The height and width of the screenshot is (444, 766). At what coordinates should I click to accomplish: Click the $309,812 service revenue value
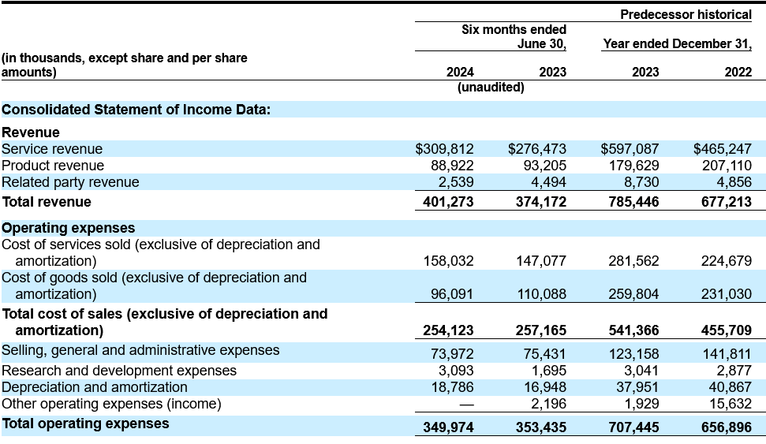click(x=445, y=148)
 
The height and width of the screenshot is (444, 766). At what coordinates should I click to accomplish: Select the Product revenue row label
click(x=53, y=166)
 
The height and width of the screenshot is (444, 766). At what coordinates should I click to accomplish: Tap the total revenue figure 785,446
click(x=633, y=202)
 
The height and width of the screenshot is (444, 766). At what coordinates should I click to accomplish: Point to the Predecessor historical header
click(x=686, y=15)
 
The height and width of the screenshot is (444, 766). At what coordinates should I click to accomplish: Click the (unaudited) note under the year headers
click(x=491, y=87)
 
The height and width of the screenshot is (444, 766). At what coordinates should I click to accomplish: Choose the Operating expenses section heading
click(x=69, y=228)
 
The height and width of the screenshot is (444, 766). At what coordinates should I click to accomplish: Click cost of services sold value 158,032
click(x=448, y=261)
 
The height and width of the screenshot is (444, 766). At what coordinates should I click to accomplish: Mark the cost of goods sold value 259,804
click(x=633, y=294)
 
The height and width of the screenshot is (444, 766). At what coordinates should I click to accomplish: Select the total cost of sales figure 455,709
click(x=727, y=330)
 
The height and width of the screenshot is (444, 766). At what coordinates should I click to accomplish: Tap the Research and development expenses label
click(x=119, y=371)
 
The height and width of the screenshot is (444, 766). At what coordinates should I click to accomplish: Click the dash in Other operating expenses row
click(x=466, y=405)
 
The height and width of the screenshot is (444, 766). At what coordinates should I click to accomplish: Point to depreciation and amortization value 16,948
click(x=541, y=387)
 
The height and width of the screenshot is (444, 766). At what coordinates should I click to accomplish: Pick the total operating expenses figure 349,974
click(x=448, y=427)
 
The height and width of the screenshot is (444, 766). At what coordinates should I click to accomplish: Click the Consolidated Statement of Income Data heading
click(x=136, y=110)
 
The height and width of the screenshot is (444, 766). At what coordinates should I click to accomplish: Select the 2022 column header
click(x=738, y=72)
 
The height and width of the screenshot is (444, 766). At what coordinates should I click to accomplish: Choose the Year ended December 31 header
click(x=677, y=43)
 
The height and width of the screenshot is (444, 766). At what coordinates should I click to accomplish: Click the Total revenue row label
click(x=47, y=202)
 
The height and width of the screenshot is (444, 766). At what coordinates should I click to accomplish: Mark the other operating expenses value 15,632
click(x=731, y=404)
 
